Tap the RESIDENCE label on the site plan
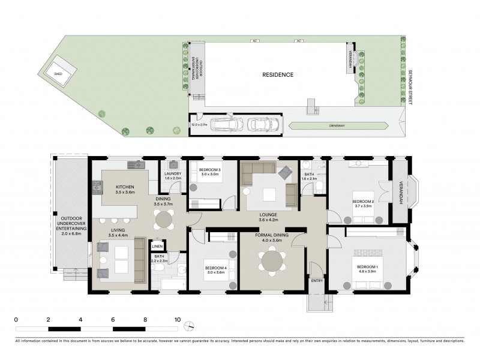[x=278, y=75]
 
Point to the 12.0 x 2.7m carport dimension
[x=199, y=125]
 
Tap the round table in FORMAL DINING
[x=271, y=260]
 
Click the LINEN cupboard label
[x=157, y=246]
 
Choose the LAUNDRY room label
[x=173, y=176]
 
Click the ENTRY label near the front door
[x=317, y=280]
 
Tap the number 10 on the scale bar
[x=177, y=320]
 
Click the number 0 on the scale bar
[x=16, y=320]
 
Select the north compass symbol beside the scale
[x=190, y=326]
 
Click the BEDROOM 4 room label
[x=214, y=271]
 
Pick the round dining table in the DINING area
[x=163, y=220]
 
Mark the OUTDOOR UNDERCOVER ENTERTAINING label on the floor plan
[x=71, y=229]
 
